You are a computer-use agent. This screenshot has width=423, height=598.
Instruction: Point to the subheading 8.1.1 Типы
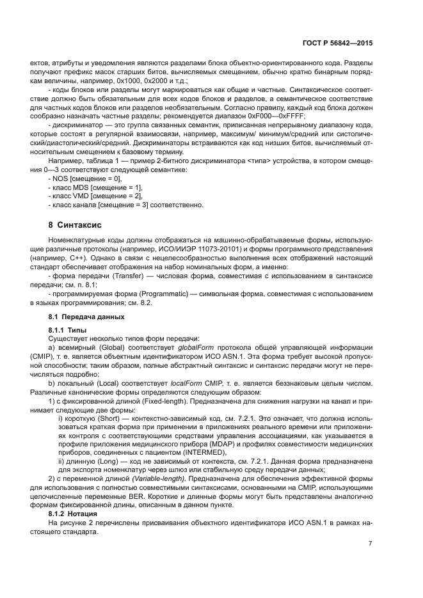pos(68,329)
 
